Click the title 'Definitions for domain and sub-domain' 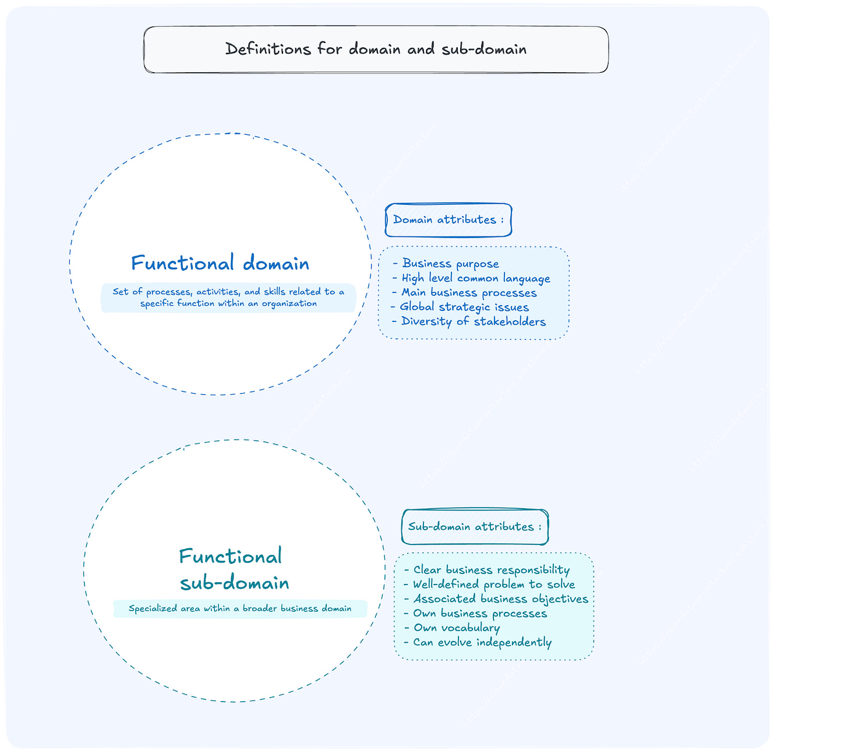click(376, 49)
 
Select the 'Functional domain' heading click(220, 263)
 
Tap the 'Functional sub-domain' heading click(233, 569)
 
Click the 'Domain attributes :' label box click(448, 220)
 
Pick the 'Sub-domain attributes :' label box click(475, 527)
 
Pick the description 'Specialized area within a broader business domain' click(240, 609)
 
